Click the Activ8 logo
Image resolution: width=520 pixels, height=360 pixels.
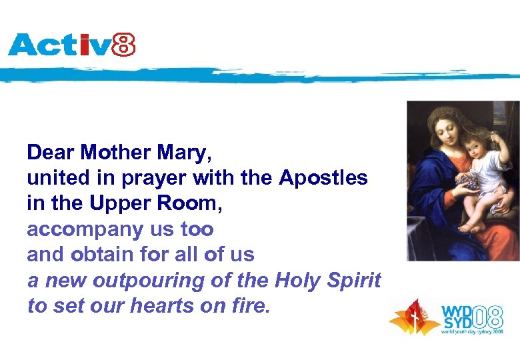[x=71, y=45]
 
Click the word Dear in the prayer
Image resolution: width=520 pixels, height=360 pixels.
[x=51, y=153]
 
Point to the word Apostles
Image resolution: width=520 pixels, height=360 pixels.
[x=323, y=178]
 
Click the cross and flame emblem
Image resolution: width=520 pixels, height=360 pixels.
[x=415, y=317]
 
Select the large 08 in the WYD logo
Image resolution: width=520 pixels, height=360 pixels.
[x=493, y=314]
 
